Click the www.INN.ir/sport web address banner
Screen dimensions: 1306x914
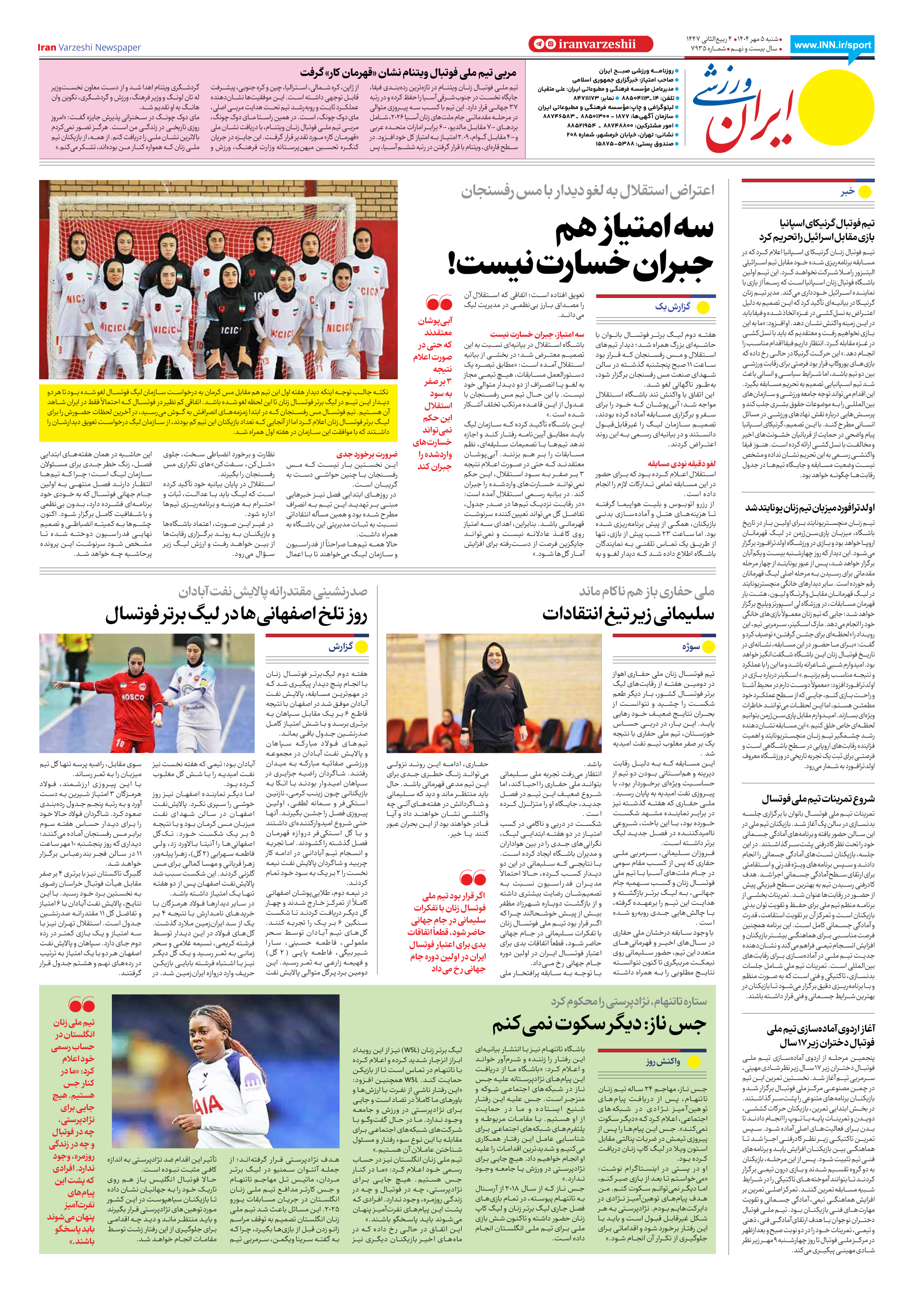tap(832, 45)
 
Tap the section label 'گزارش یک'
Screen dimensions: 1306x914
tap(672, 307)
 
